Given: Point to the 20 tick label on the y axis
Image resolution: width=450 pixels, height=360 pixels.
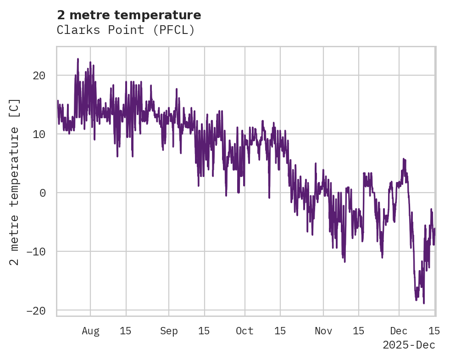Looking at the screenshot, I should coord(39,76).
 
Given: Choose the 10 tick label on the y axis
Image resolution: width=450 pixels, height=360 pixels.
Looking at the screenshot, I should coord(39,134).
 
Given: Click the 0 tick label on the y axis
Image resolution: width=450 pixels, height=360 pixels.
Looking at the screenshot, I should coord(42,193).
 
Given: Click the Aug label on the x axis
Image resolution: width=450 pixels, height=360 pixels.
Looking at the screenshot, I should coord(90,331).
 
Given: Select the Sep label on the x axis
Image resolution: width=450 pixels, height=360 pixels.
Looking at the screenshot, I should coord(169,331).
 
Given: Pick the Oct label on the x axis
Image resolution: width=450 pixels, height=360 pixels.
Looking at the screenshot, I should coord(244,331).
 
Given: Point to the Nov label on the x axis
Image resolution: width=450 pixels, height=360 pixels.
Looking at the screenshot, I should coord(323,331).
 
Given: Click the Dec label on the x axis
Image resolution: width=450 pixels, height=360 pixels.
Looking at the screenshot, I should coord(399,331).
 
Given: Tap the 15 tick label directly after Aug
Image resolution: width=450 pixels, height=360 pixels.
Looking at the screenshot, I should coord(126,331).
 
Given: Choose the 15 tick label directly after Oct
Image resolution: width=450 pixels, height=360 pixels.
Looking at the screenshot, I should coord(280,331).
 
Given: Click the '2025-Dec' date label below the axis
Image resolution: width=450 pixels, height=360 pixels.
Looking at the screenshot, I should coord(409,345).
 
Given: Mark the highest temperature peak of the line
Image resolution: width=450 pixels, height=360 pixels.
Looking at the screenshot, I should coord(78,59).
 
